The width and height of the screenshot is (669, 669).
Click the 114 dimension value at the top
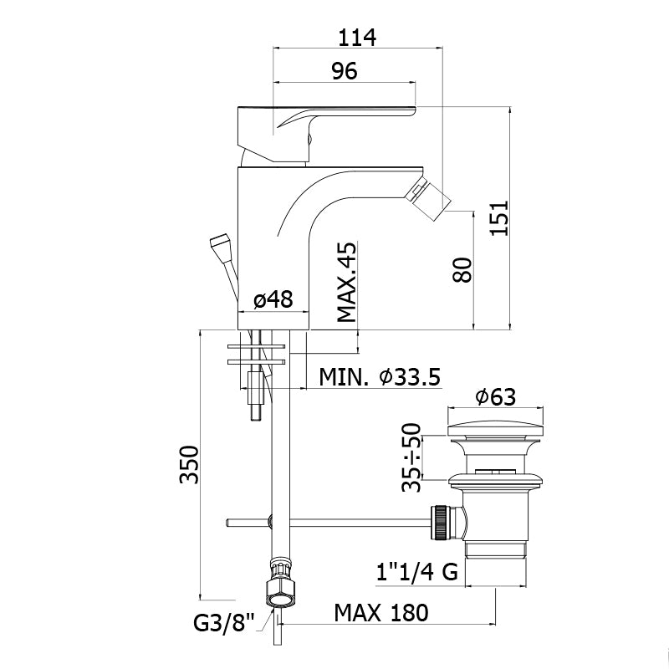pyautogui.click(x=358, y=38)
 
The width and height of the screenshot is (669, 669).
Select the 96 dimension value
pyautogui.click(x=345, y=71)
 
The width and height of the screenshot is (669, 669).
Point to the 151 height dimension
pyautogui.click(x=499, y=217)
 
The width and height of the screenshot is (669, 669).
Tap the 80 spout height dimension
pyautogui.click(x=463, y=269)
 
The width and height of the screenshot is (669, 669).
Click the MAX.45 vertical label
pyautogui.click(x=346, y=282)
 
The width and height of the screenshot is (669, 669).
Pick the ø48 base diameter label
pyautogui.click(x=273, y=299)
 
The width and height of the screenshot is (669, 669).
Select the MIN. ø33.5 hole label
pyautogui.click(x=380, y=377)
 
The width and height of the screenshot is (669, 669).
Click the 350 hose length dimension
pyautogui.click(x=190, y=464)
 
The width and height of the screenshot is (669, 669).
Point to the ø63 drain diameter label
pyautogui.click(x=496, y=396)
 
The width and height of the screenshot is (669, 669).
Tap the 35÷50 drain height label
pyautogui.click(x=411, y=457)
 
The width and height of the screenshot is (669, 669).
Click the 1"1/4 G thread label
pyautogui.click(x=417, y=571)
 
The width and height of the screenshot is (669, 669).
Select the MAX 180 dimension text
pyautogui.click(x=381, y=613)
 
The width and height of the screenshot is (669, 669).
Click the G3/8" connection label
pyautogui.click(x=224, y=623)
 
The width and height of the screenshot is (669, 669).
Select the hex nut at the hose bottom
pyautogui.click(x=280, y=593)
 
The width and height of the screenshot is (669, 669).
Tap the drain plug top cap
pyautogui.click(x=495, y=430)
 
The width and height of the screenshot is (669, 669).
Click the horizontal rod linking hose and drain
pyautogui.click(x=329, y=522)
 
